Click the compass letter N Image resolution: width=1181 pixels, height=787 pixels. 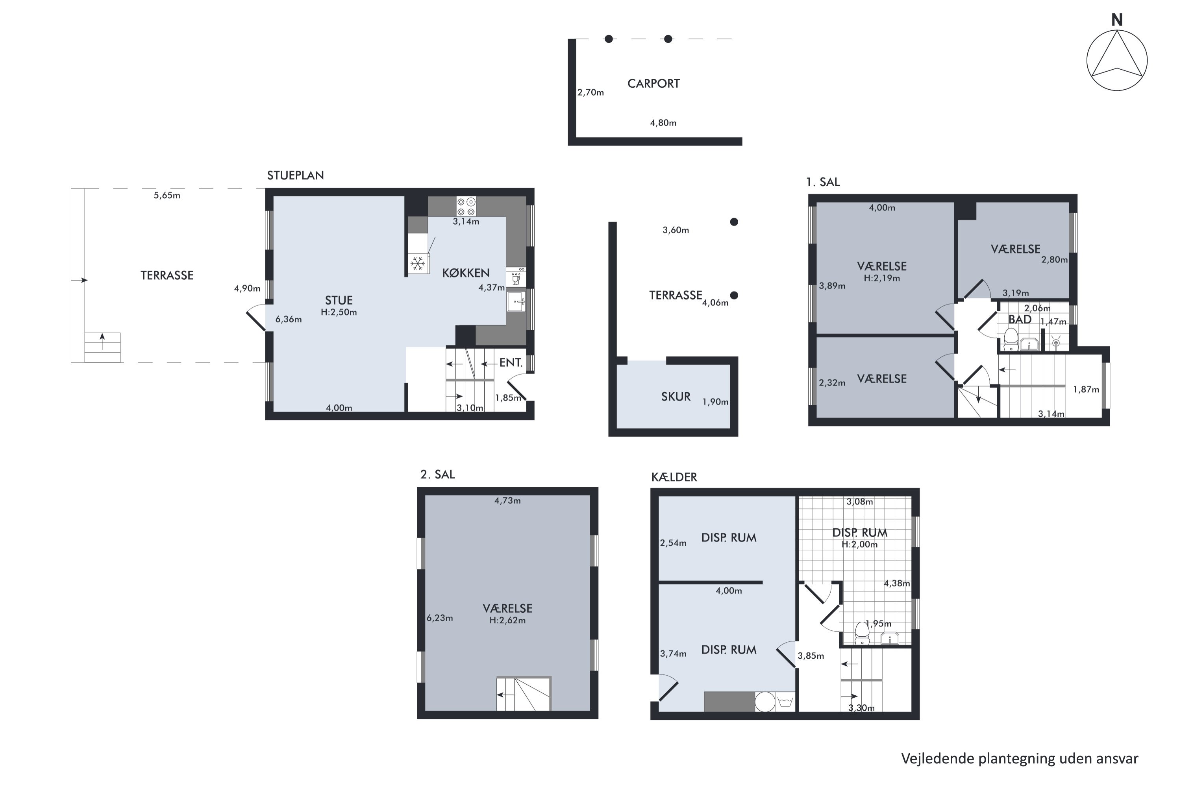point(1117,20)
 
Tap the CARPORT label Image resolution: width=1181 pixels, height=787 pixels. point(653,83)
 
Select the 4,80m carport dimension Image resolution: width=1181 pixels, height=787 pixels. point(663,123)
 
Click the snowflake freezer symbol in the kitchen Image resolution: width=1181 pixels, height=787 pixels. point(418,263)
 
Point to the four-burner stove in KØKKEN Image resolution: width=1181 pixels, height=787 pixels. point(466,206)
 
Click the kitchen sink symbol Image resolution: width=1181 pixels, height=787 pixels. point(516,302)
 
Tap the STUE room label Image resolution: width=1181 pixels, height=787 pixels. point(339,300)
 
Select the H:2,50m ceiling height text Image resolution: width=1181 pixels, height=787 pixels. point(339,312)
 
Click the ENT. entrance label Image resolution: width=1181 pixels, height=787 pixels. point(511,362)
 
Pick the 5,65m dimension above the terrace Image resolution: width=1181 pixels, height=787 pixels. point(167,196)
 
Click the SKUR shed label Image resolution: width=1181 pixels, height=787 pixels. point(676,397)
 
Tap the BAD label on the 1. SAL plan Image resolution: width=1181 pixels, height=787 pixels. point(1020,319)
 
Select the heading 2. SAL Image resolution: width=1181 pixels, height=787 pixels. point(437,474)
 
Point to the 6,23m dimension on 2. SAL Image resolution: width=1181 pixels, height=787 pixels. point(439,618)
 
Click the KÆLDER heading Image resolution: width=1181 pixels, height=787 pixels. point(674,477)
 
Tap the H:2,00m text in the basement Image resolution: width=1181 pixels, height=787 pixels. point(860,544)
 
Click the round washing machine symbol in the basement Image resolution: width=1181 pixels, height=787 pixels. point(765,702)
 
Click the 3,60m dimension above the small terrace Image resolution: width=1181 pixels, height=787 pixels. point(676,230)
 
